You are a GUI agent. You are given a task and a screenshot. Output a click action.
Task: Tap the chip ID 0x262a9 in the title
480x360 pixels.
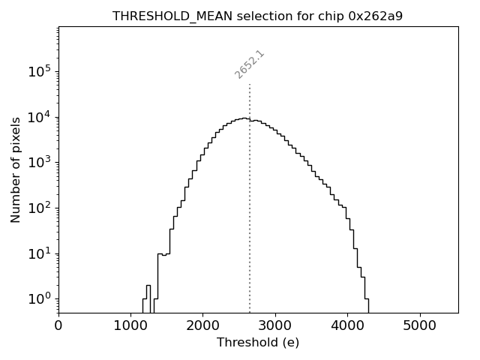click(375, 16)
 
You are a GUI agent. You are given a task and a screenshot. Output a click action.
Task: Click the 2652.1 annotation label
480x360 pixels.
click(250, 64)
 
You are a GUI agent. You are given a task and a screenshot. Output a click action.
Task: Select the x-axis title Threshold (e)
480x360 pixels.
click(258, 343)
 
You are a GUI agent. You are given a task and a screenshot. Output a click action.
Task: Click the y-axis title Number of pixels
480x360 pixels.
click(16, 170)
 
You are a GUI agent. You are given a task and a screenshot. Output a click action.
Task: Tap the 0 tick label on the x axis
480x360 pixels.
click(58, 325)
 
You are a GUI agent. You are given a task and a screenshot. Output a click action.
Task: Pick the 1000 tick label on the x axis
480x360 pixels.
click(130, 325)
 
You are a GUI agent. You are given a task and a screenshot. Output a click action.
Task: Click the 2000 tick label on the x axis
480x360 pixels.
click(202, 325)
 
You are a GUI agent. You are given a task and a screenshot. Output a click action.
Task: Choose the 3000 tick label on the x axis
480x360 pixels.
click(275, 325)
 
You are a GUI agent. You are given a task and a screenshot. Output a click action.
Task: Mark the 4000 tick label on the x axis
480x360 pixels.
click(347, 325)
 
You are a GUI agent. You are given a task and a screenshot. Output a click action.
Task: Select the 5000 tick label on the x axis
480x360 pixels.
click(419, 325)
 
